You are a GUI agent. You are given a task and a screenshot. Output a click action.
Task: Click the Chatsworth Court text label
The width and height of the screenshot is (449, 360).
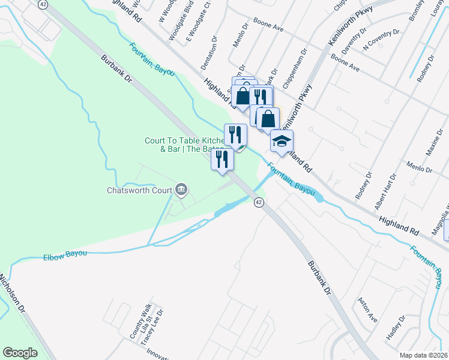[140, 191]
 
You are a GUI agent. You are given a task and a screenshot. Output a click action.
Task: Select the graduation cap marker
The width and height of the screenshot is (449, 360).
[282, 141]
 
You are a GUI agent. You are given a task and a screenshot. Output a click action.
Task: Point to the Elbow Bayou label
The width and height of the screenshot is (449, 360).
[65, 255]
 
